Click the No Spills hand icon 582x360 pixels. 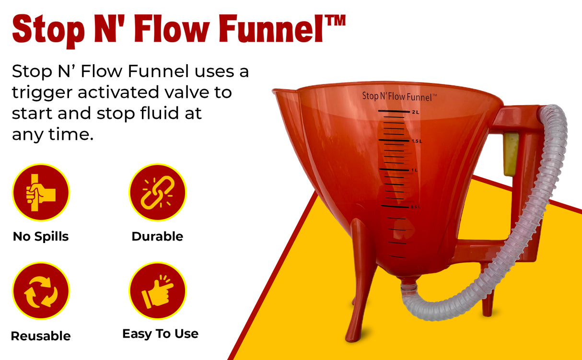41,192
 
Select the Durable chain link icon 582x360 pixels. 157,192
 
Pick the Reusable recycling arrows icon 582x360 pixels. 41,290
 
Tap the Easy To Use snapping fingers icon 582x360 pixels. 157,290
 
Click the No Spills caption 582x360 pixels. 41,236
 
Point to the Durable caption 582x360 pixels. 157,236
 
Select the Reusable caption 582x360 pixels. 41,336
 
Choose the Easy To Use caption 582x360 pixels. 160,334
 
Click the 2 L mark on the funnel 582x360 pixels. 415,112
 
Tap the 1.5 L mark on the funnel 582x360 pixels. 416,141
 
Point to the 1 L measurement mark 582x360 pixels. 414,170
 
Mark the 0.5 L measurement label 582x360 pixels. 415,207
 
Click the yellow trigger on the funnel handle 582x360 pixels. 511,154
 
